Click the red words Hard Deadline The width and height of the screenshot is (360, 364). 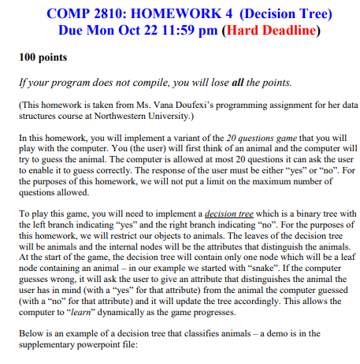pos(273,32)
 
